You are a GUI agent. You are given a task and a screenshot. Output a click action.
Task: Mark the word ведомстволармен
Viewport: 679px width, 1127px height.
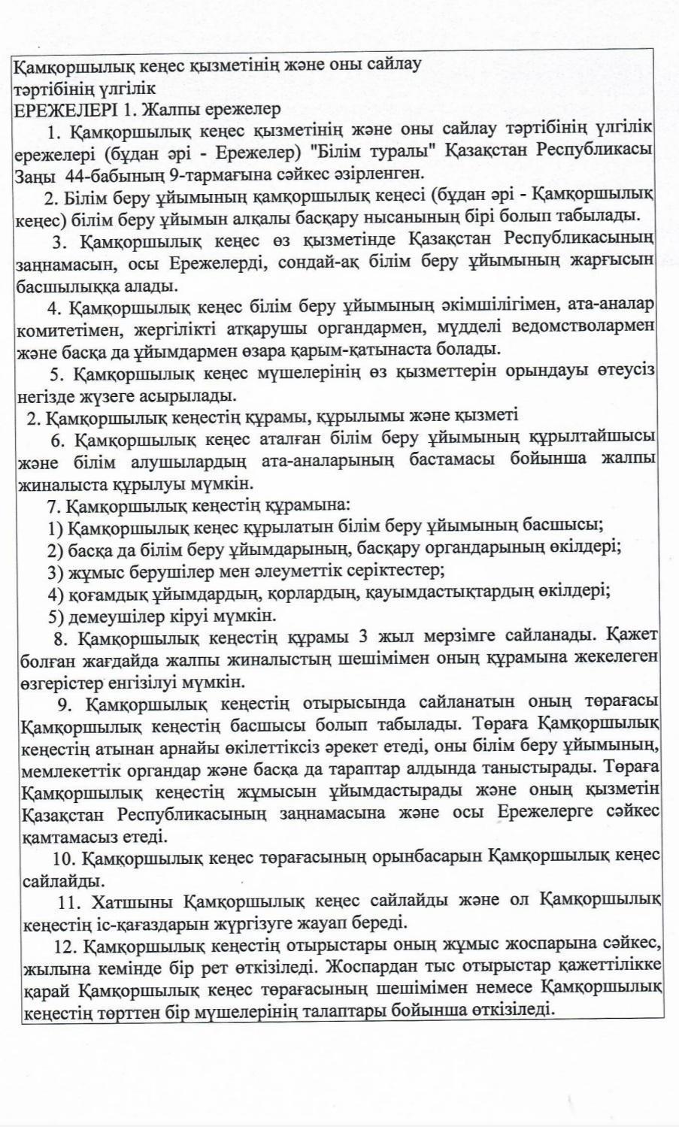click(586, 327)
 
